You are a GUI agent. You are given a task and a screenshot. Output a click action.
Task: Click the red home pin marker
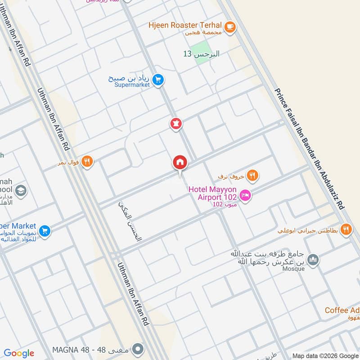click(180, 162)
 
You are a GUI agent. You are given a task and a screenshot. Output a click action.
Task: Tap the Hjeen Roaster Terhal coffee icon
click(230, 27)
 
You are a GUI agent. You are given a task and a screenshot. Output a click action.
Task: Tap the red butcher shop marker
click(176, 123)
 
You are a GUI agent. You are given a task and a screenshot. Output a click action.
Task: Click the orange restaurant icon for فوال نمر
click(87, 161)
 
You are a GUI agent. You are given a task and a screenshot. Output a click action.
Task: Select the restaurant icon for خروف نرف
click(252, 175)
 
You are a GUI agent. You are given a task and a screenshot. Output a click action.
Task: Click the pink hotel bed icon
click(245, 195)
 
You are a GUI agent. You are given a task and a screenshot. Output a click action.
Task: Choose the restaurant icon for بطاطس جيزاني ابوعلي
click(346, 229)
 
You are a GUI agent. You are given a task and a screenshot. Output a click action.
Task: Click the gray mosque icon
click(313, 260)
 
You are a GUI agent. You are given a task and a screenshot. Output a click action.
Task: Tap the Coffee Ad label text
click(342, 310)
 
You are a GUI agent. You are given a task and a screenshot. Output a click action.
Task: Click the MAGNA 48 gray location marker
click(139, 349)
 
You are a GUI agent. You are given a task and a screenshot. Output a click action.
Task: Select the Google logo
click(19, 353)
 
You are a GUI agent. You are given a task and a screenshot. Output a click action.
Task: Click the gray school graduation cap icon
click(21, 191)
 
